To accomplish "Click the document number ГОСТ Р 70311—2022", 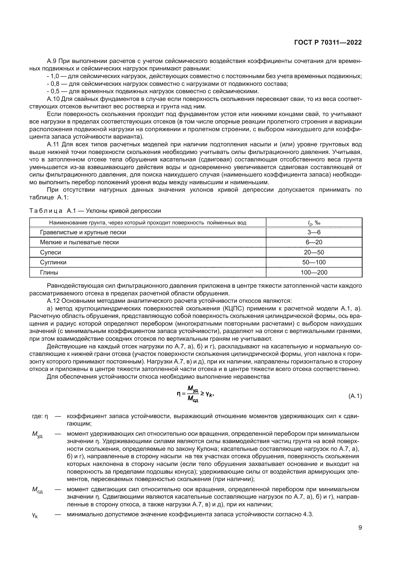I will [328, 42].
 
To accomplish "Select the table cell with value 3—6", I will [314, 232].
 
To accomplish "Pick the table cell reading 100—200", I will [314, 272].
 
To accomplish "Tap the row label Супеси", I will [50, 252].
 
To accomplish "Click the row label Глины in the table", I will [49, 272].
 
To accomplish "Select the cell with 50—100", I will [314, 262].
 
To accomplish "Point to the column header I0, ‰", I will [314, 223].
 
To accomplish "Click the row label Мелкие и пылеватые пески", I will [79, 242].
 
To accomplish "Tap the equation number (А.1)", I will [355, 396].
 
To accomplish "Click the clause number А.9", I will [52, 61].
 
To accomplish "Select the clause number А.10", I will [53, 99].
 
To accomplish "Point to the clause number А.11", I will [53, 145].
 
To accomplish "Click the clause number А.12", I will [53, 301].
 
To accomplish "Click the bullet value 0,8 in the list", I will [55, 84].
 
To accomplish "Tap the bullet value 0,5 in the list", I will [55, 91].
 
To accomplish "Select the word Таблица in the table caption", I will [45, 211].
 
